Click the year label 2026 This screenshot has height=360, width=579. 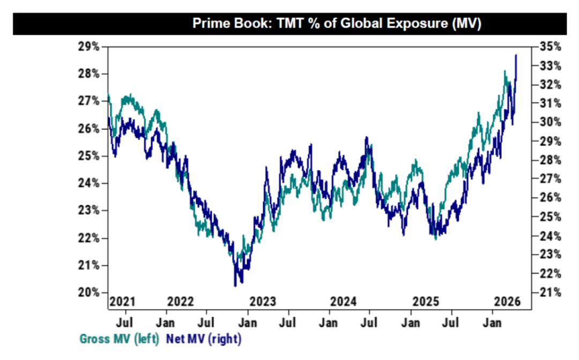pos(508,301)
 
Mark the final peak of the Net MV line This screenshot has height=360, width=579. pos(516,55)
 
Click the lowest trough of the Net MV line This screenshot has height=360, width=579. pos(235,286)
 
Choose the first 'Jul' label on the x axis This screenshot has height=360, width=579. pos(125,324)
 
